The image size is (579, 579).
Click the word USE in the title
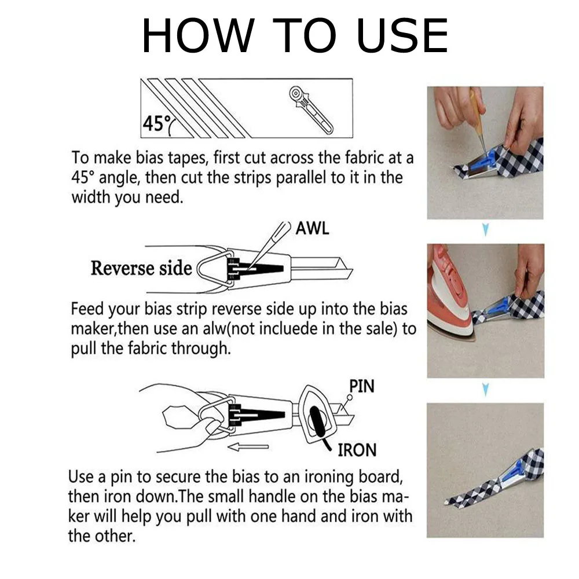(402, 36)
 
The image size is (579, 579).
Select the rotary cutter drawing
(310, 110)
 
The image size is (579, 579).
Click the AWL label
(312, 228)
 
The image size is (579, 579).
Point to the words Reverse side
(141, 268)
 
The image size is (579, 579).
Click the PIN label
(361, 386)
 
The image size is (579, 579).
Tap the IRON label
(357, 450)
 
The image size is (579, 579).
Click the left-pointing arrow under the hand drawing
(248, 447)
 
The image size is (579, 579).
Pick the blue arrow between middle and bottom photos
(486, 389)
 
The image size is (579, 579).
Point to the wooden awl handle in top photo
(477, 111)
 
